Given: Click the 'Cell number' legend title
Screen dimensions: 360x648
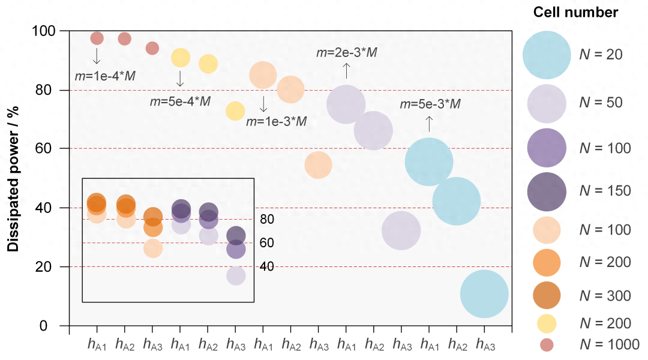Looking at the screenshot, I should coord(575,12).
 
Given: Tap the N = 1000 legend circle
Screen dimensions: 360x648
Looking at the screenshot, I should coord(546,344).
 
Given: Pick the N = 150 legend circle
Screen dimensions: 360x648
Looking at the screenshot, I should coord(546,191).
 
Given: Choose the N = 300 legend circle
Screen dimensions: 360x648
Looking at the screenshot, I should coord(546,295).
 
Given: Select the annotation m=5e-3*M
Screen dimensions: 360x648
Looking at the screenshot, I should coord(430,104).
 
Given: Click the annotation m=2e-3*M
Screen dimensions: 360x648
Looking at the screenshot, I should coord(347,53).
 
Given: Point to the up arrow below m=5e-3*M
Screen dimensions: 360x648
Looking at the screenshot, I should coord(429,124).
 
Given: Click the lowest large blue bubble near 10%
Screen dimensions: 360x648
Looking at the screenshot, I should coord(484,294).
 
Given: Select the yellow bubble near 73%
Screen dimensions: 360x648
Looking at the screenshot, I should coord(235,110).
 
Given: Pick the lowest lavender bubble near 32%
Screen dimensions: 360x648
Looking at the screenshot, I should coord(401,230).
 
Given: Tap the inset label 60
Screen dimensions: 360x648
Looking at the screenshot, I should coord(267,243).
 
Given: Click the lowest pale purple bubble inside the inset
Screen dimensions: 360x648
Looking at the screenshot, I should coord(236,275).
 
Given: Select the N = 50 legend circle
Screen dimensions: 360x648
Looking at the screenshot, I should coord(546,103).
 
